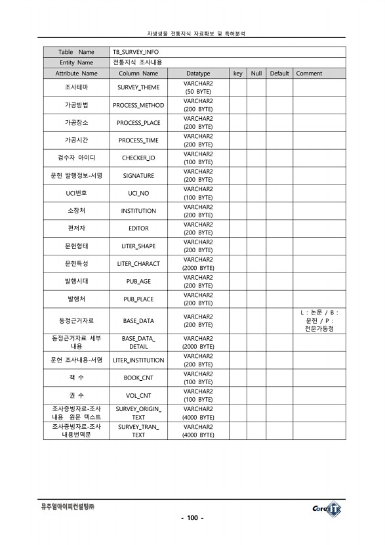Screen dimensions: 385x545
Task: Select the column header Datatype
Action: (x=198, y=74)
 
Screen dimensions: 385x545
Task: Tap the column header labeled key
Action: (x=238, y=74)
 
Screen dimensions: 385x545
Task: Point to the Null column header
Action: (x=256, y=74)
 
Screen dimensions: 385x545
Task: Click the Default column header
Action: (x=279, y=74)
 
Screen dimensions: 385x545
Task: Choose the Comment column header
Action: (x=310, y=74)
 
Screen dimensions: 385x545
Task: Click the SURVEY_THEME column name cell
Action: (x=138, y=87)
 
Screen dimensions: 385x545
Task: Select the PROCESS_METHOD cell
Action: (x=138, y=105)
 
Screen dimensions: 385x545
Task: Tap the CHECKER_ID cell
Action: (x=138, y=158)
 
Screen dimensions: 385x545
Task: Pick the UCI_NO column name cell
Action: (x=138, y=194)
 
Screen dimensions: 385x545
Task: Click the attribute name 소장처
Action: (x=76, y=211)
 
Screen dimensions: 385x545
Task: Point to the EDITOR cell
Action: (x=138, y=229)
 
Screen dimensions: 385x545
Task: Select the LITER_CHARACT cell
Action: (x=138, y=264)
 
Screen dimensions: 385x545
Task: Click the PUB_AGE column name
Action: (x=138, y=281)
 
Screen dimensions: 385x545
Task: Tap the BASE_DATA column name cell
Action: (x=138, y=321)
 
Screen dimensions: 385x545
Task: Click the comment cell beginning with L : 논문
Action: (x=319, y=320)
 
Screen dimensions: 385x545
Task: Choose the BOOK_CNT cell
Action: (x=138, y=378)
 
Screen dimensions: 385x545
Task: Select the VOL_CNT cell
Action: (x=138, y=396)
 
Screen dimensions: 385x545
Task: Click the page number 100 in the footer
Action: (x=192, y=518)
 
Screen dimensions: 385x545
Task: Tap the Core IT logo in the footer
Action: (x=326, y=508)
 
